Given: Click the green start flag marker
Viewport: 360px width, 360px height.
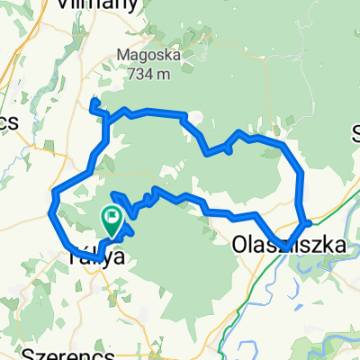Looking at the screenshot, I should click(112, 216).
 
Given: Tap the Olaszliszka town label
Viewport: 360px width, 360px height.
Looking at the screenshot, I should click(279, 244).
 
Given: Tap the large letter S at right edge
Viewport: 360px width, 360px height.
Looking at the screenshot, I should click(355, 135).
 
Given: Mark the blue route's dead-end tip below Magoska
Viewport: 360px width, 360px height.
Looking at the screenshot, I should click(92, 104).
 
